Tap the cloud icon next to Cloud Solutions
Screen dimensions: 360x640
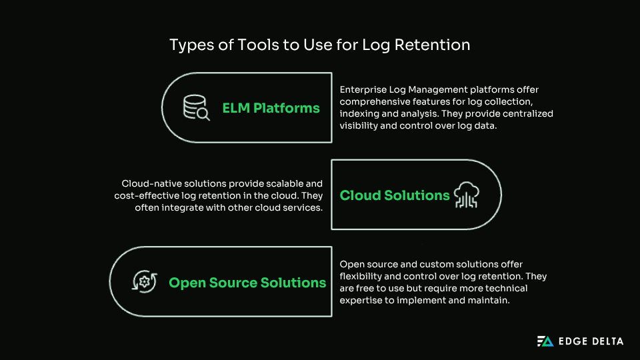467,195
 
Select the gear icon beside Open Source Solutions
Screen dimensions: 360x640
145,282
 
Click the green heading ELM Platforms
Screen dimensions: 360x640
271,108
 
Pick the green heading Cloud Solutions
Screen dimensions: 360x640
395,195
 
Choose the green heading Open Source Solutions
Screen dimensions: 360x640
247,283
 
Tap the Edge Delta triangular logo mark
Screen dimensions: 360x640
545,341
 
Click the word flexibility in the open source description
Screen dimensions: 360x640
363,277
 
